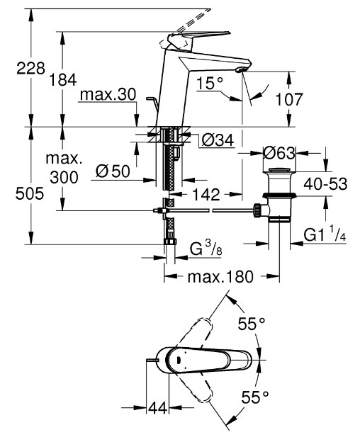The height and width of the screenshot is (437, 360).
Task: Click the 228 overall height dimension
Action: click(30, 68)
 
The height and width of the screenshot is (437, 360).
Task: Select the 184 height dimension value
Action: click(63, 80)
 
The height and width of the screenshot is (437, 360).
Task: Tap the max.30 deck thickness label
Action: click(108, 95)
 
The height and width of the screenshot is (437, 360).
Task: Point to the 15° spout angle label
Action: click(210, 83)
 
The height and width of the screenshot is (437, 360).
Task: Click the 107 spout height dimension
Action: click(289, 99)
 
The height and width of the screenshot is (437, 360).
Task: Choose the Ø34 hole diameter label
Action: click(218, 140)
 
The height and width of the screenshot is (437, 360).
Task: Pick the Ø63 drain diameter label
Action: click(279, 153)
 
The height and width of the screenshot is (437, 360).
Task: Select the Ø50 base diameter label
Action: click(113, 171)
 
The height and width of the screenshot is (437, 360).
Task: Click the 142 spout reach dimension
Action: click(206, 194)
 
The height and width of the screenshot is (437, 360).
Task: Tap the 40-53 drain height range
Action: click(325, 184)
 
